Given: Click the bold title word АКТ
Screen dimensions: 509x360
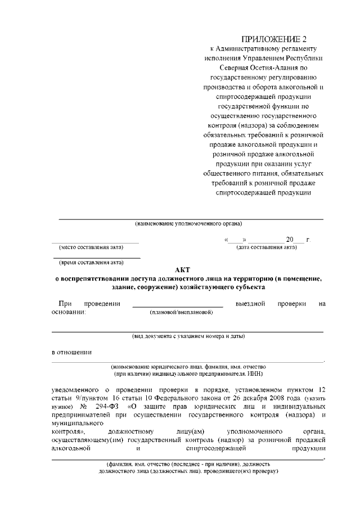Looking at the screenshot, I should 187,270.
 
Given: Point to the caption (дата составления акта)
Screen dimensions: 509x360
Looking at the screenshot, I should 266,247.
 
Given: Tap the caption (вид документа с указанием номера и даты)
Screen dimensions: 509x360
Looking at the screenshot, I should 188,336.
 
